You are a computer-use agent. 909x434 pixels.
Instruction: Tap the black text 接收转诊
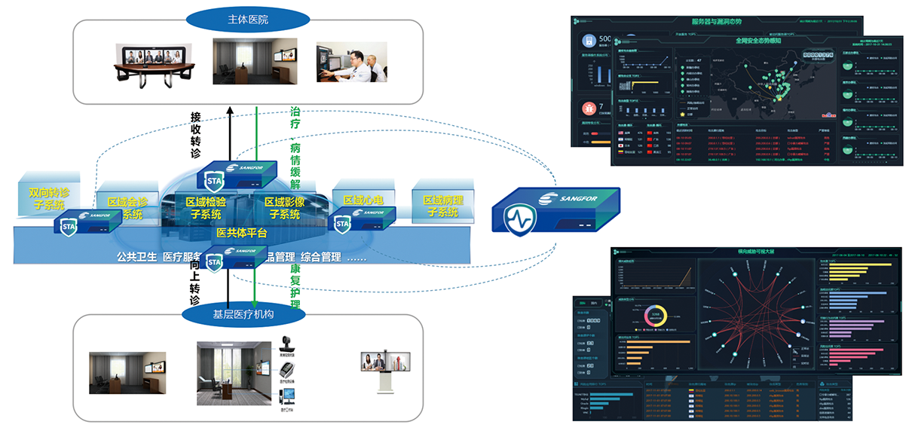pos(196,135)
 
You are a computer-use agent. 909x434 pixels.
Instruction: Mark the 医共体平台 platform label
pos(241,233)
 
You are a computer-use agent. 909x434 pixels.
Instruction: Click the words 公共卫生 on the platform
pos(136,256)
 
